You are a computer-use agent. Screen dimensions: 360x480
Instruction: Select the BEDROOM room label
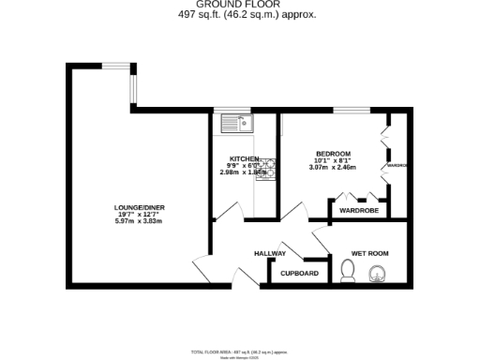[333, 154]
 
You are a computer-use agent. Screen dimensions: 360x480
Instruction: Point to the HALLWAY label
[270, 254]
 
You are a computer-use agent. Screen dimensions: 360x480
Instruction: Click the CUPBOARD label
[300, 274]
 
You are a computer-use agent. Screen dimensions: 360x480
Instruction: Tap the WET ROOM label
[369, 254]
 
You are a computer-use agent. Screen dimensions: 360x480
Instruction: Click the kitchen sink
[235, 122]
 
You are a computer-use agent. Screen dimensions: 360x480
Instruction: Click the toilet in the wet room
[348, 272]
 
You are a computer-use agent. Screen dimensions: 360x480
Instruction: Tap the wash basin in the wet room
[380, 273]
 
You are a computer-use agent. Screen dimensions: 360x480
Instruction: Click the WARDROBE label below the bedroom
[357, 210]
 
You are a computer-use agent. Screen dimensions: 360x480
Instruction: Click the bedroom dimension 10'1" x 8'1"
[333, 160]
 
